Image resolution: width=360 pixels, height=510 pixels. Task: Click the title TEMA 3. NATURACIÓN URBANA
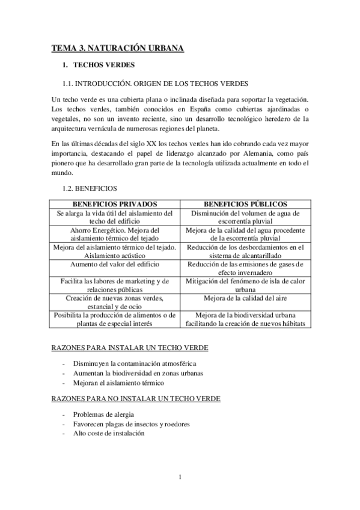117,48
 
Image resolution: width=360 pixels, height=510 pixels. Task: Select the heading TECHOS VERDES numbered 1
104,65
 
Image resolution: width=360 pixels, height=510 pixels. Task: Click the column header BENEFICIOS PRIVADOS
114,204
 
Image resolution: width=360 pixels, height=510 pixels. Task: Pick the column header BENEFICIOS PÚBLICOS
245,204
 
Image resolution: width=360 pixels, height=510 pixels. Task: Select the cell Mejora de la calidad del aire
245,298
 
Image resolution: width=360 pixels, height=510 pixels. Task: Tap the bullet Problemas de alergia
103,414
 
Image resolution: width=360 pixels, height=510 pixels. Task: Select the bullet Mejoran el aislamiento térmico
118,382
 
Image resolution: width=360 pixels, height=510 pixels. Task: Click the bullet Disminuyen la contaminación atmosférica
135,364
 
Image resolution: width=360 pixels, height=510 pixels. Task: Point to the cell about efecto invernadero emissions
245,268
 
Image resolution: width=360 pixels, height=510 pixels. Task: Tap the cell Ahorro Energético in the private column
114,235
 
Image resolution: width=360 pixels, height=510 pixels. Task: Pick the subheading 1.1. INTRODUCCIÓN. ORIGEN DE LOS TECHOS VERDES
156,82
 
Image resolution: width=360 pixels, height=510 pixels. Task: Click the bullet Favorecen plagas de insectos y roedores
132,423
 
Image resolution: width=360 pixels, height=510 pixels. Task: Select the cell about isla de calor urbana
245,285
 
